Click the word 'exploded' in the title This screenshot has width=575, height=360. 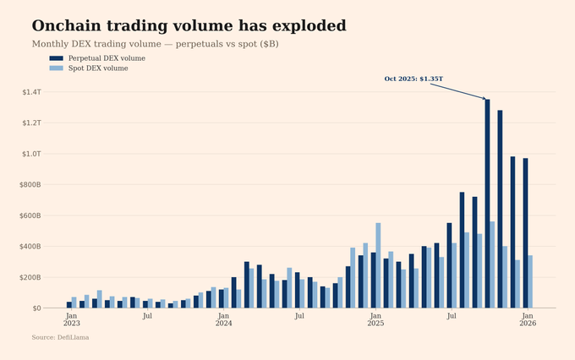301,26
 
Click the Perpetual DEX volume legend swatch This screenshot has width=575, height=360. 56,58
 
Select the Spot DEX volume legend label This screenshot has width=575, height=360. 98,68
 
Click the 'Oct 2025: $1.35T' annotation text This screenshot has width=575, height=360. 413,79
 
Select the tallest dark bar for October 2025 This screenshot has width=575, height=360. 487,204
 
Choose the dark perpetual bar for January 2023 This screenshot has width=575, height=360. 69,305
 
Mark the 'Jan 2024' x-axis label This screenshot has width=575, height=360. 223,319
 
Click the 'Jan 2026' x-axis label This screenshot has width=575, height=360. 528,319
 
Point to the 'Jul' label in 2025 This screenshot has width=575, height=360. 452,315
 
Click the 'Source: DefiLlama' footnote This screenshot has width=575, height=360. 60,337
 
